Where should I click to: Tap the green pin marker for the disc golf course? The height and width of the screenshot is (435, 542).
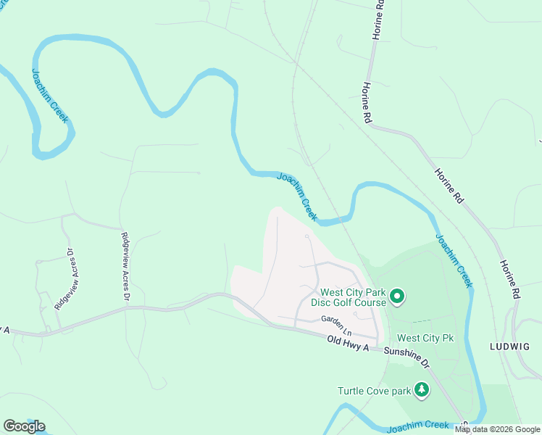396,296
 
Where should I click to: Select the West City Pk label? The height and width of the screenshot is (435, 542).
425,338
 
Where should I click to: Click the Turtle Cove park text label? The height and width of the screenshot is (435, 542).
374,391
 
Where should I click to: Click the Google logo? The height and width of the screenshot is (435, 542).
24,426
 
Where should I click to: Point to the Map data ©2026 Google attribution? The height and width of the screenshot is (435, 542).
498,429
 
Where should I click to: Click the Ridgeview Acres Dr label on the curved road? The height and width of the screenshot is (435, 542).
64,278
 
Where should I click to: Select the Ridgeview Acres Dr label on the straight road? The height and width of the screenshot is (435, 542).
125,266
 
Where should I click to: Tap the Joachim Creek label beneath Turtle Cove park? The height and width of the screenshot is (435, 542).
420,426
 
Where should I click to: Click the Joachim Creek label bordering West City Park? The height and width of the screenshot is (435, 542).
454,260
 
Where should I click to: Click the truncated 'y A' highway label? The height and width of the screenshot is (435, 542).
5,330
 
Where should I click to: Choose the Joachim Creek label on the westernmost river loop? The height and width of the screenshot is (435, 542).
49,95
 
